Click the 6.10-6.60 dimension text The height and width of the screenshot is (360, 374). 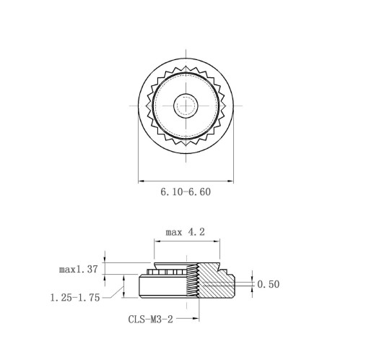click(186, 192)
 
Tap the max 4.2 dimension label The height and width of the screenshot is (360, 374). click(185, 232)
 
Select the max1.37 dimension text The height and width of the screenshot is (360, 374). click(79, 269)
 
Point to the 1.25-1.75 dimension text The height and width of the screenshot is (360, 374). click(75, 298)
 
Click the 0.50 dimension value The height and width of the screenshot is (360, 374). click(269, 284)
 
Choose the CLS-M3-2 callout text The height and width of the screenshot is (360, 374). click(151, 320)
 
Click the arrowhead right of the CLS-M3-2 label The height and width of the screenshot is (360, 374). click(196, 319)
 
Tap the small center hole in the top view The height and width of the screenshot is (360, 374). click(186, 106)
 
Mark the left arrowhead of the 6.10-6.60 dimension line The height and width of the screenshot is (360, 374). click(142, 181)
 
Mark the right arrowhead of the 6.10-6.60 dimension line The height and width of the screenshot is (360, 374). click(230, 181)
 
